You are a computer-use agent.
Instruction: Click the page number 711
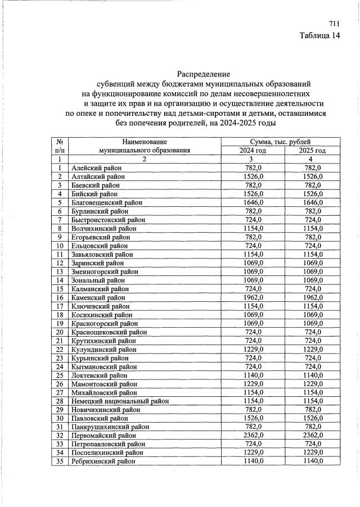[x=334, y=24]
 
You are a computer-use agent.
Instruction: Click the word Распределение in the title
[x=204, y=74]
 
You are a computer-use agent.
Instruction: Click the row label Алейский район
[x=96, y=168]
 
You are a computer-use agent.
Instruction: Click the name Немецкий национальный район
[x=120, y=401]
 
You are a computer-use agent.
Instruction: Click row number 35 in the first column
[x=59, y=461]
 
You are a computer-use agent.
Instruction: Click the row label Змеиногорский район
[x=104, y=271]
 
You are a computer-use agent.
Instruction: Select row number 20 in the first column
[x=59, y=332]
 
